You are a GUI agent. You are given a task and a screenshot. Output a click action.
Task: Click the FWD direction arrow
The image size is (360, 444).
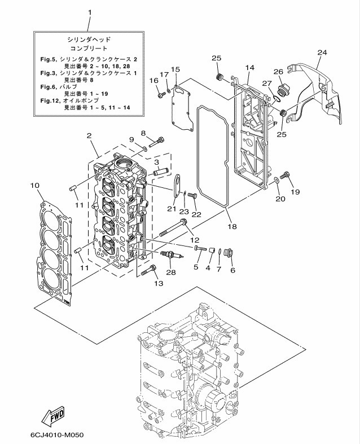[x=54, y=417]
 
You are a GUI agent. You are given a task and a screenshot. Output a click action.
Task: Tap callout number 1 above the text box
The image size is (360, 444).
[x=89, y=12]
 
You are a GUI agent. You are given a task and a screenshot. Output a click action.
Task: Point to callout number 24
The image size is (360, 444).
[x=322, y=52]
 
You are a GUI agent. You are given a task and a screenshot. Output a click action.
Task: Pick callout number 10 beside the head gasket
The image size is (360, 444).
[x=34, y=185]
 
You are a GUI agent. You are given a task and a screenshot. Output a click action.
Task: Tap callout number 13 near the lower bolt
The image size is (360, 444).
[x=159, y=283]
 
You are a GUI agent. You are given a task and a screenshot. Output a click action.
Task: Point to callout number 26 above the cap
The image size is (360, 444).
[x=278, y=72]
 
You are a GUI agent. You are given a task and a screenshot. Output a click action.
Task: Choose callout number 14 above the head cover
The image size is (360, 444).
[x=250, y=68]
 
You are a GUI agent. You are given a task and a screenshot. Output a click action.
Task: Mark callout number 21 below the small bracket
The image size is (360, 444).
[x=172, y=209]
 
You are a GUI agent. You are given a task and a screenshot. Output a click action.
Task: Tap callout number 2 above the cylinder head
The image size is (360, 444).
[x=89, y=135]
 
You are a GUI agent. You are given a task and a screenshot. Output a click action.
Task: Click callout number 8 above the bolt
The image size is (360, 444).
[x=143, y=133]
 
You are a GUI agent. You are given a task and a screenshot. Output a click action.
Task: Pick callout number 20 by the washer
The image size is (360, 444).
[x=280, y=198]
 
